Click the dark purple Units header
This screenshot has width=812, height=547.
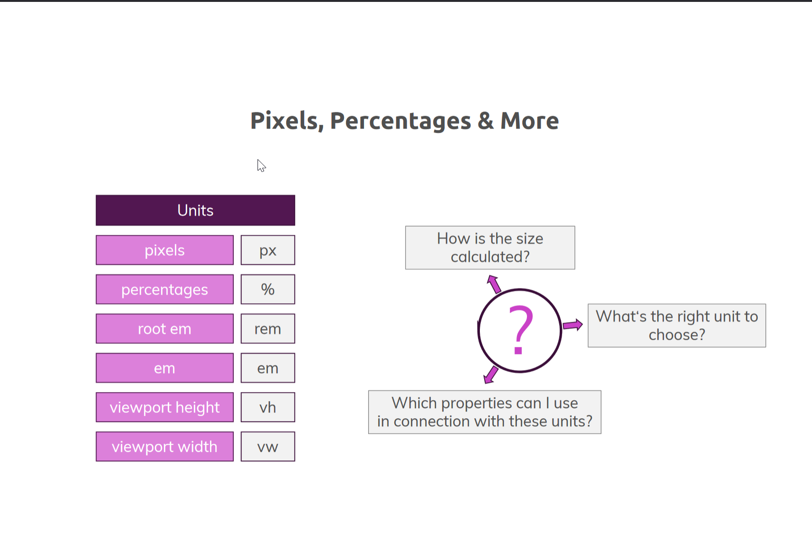pos(195,210)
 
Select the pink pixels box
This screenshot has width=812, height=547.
pos(164,250)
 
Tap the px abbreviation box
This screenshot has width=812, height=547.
pos(267,250)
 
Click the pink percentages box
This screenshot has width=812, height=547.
pos(164,289)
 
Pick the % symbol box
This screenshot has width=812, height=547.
pos(267,289)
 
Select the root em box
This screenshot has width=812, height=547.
pos(164,328)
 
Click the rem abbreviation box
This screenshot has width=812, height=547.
pos(267,328)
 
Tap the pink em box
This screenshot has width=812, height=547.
pos(164,368)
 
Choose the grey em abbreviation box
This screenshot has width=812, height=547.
pos(267,368)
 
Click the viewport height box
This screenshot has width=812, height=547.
pos(164,407)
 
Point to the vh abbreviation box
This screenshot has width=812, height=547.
pos(267,407)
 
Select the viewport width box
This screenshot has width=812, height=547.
pos(164,446)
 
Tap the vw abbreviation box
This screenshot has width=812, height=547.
pos(267,446)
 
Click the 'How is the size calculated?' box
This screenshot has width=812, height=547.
pos(490,248)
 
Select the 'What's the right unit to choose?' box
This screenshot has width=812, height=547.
pos(677,326)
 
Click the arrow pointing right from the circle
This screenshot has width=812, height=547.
pos(573,325)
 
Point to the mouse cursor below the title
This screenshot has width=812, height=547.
pos(261,165)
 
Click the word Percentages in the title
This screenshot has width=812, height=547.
pos(400,121)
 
